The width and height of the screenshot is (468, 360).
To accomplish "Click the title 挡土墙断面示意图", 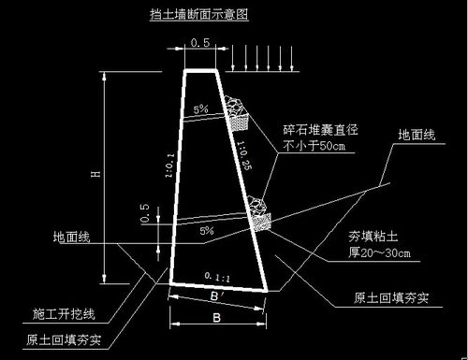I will pos(200,16).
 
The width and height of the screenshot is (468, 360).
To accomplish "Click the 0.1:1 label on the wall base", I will pos(216,277).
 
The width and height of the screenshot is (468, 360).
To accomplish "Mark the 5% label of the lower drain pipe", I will pos(207,230).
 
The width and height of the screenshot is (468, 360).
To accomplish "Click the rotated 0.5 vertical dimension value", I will pos(145,213).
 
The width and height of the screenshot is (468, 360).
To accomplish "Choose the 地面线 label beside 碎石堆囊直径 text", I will pos(417,136).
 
